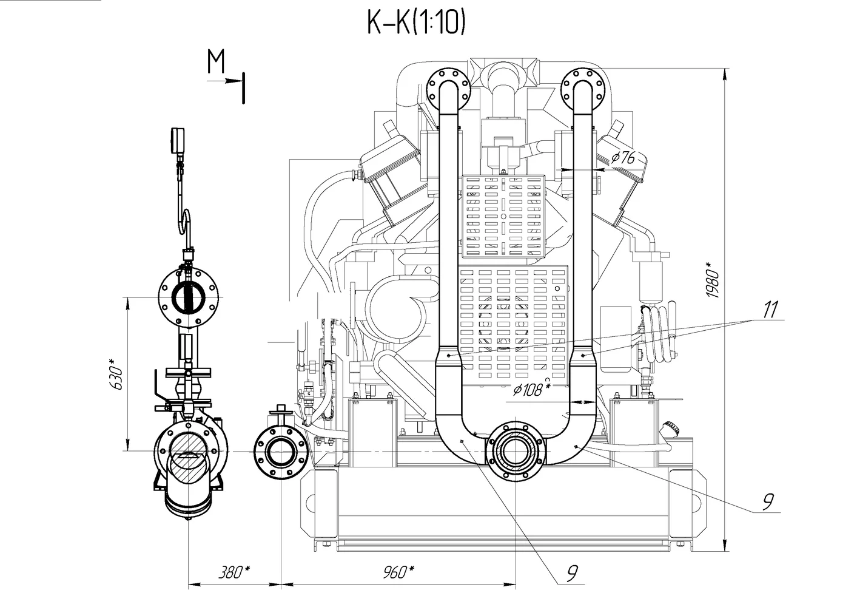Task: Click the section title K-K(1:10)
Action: click(415, 22)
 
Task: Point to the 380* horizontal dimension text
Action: click(234, 572)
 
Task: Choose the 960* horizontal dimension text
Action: click(398, 572)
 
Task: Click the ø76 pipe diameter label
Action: click(623, 158)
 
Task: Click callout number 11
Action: click(769, 310)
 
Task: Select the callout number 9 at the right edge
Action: click(768, 501)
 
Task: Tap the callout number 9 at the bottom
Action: click(571, 573)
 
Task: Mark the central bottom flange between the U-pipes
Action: click(515, 451)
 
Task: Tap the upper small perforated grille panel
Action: click(503, 215)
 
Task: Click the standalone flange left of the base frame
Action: click(280, 453)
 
